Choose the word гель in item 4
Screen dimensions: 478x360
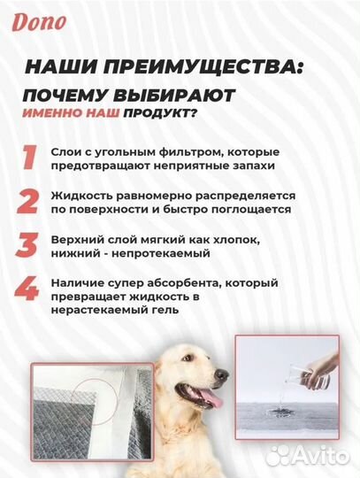point(164,311)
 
